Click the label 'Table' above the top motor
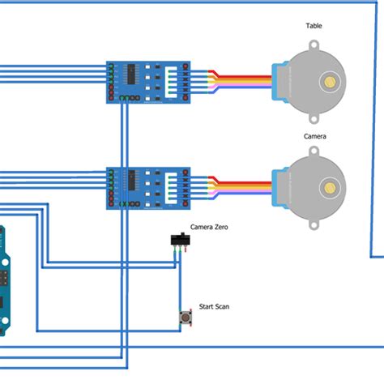[314, 26]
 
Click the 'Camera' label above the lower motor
[315, 136]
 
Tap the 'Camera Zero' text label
[209, 228]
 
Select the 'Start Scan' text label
[214, 306]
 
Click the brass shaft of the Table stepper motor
[330, 81]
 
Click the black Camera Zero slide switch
[179, 240]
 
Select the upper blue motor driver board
[149, 83]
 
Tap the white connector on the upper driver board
[172, 82]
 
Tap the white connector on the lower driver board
[172, 188]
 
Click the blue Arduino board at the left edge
[5, 279]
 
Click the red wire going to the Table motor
[243, 75]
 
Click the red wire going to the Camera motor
[243, 181]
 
